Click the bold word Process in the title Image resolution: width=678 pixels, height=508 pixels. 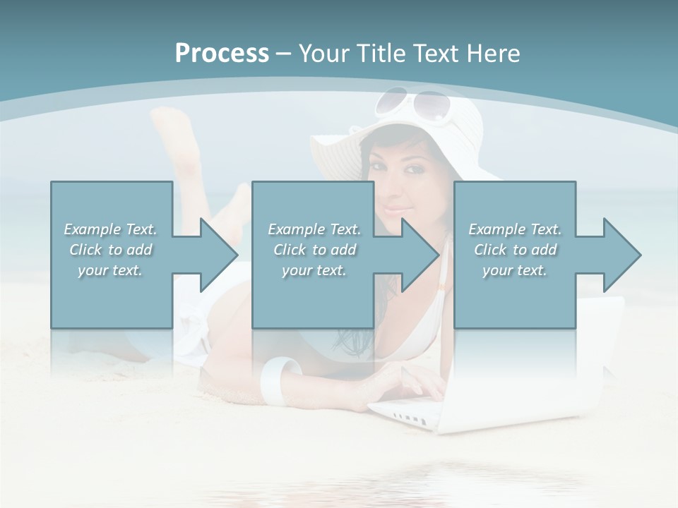222,54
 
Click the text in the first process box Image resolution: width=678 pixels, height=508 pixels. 110,250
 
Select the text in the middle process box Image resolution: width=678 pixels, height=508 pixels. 314,250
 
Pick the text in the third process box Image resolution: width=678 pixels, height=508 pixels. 515,250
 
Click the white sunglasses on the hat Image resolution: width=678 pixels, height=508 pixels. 412,104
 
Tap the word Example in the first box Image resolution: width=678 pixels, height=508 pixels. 93,229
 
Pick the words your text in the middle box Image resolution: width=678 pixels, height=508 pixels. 314,270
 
